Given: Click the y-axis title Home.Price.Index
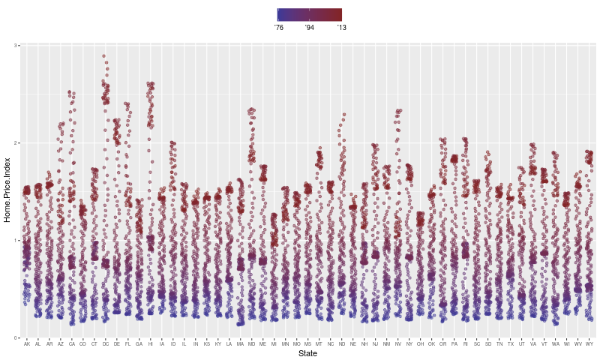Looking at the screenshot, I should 7,190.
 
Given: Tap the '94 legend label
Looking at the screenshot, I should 310,28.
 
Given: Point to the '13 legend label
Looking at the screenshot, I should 341,28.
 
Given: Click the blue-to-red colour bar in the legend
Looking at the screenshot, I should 310,14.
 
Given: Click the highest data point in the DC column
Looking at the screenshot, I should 104,56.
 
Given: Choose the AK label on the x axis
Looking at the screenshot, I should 27,343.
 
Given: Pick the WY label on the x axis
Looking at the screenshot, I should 589,343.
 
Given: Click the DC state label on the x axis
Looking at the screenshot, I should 106,343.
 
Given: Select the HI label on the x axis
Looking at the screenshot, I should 151,343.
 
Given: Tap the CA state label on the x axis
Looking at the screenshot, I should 72,343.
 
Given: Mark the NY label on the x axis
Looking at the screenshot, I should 409,343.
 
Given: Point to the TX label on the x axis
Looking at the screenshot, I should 511,343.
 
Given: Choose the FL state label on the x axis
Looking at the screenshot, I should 128,343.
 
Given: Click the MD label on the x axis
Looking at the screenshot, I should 252,343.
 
